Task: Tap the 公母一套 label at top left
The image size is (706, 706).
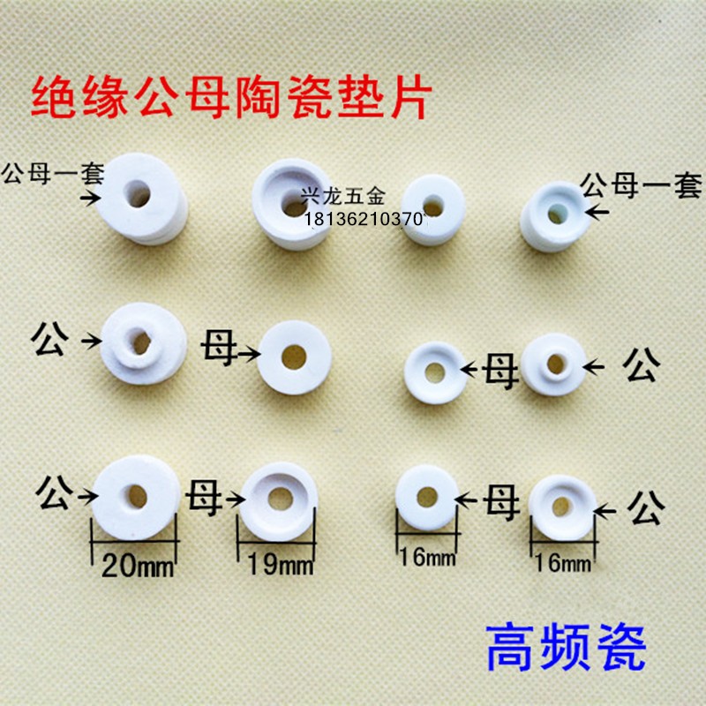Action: pos(53,170)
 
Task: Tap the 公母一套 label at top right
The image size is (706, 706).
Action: pos(641,186)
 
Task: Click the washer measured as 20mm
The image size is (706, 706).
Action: pos(136,496)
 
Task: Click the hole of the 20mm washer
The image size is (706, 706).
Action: pos(137,496)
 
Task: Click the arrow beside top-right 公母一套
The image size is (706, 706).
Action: pos(597,212)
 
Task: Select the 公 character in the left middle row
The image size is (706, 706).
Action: pos(49,340)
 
